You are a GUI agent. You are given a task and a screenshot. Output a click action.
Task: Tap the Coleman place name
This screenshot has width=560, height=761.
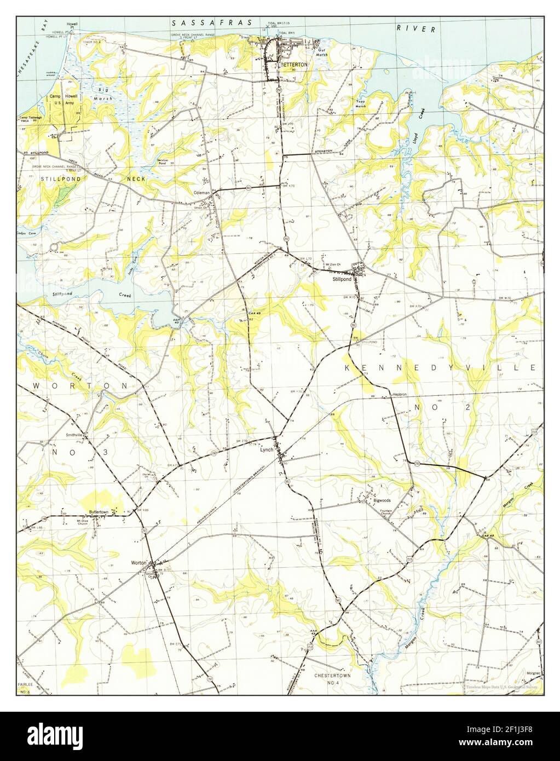[201, 193]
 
